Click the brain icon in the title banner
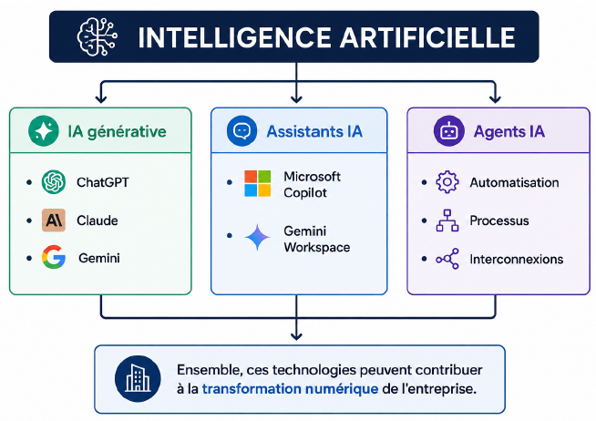(97, 36)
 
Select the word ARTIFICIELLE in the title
(427, 37)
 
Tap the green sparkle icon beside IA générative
(44, 130)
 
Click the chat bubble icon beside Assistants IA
(241, 130)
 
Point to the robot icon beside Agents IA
(449, 131)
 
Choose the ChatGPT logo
(54, 182)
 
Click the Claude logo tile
(54, 220)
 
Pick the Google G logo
(54, 257)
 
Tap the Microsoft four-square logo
(258, 183)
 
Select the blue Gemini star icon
(257, 238)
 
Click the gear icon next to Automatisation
(447, 182)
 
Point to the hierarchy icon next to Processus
(447, 221)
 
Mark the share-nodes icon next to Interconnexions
(447, 259)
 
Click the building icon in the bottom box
(138, 378)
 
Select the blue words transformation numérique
(290, 389)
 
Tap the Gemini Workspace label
(316, 239)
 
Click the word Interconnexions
(517, 259)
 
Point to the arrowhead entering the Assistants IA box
(296, 99)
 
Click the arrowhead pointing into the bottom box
(296, 336)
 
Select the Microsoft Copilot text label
(312, 185)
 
